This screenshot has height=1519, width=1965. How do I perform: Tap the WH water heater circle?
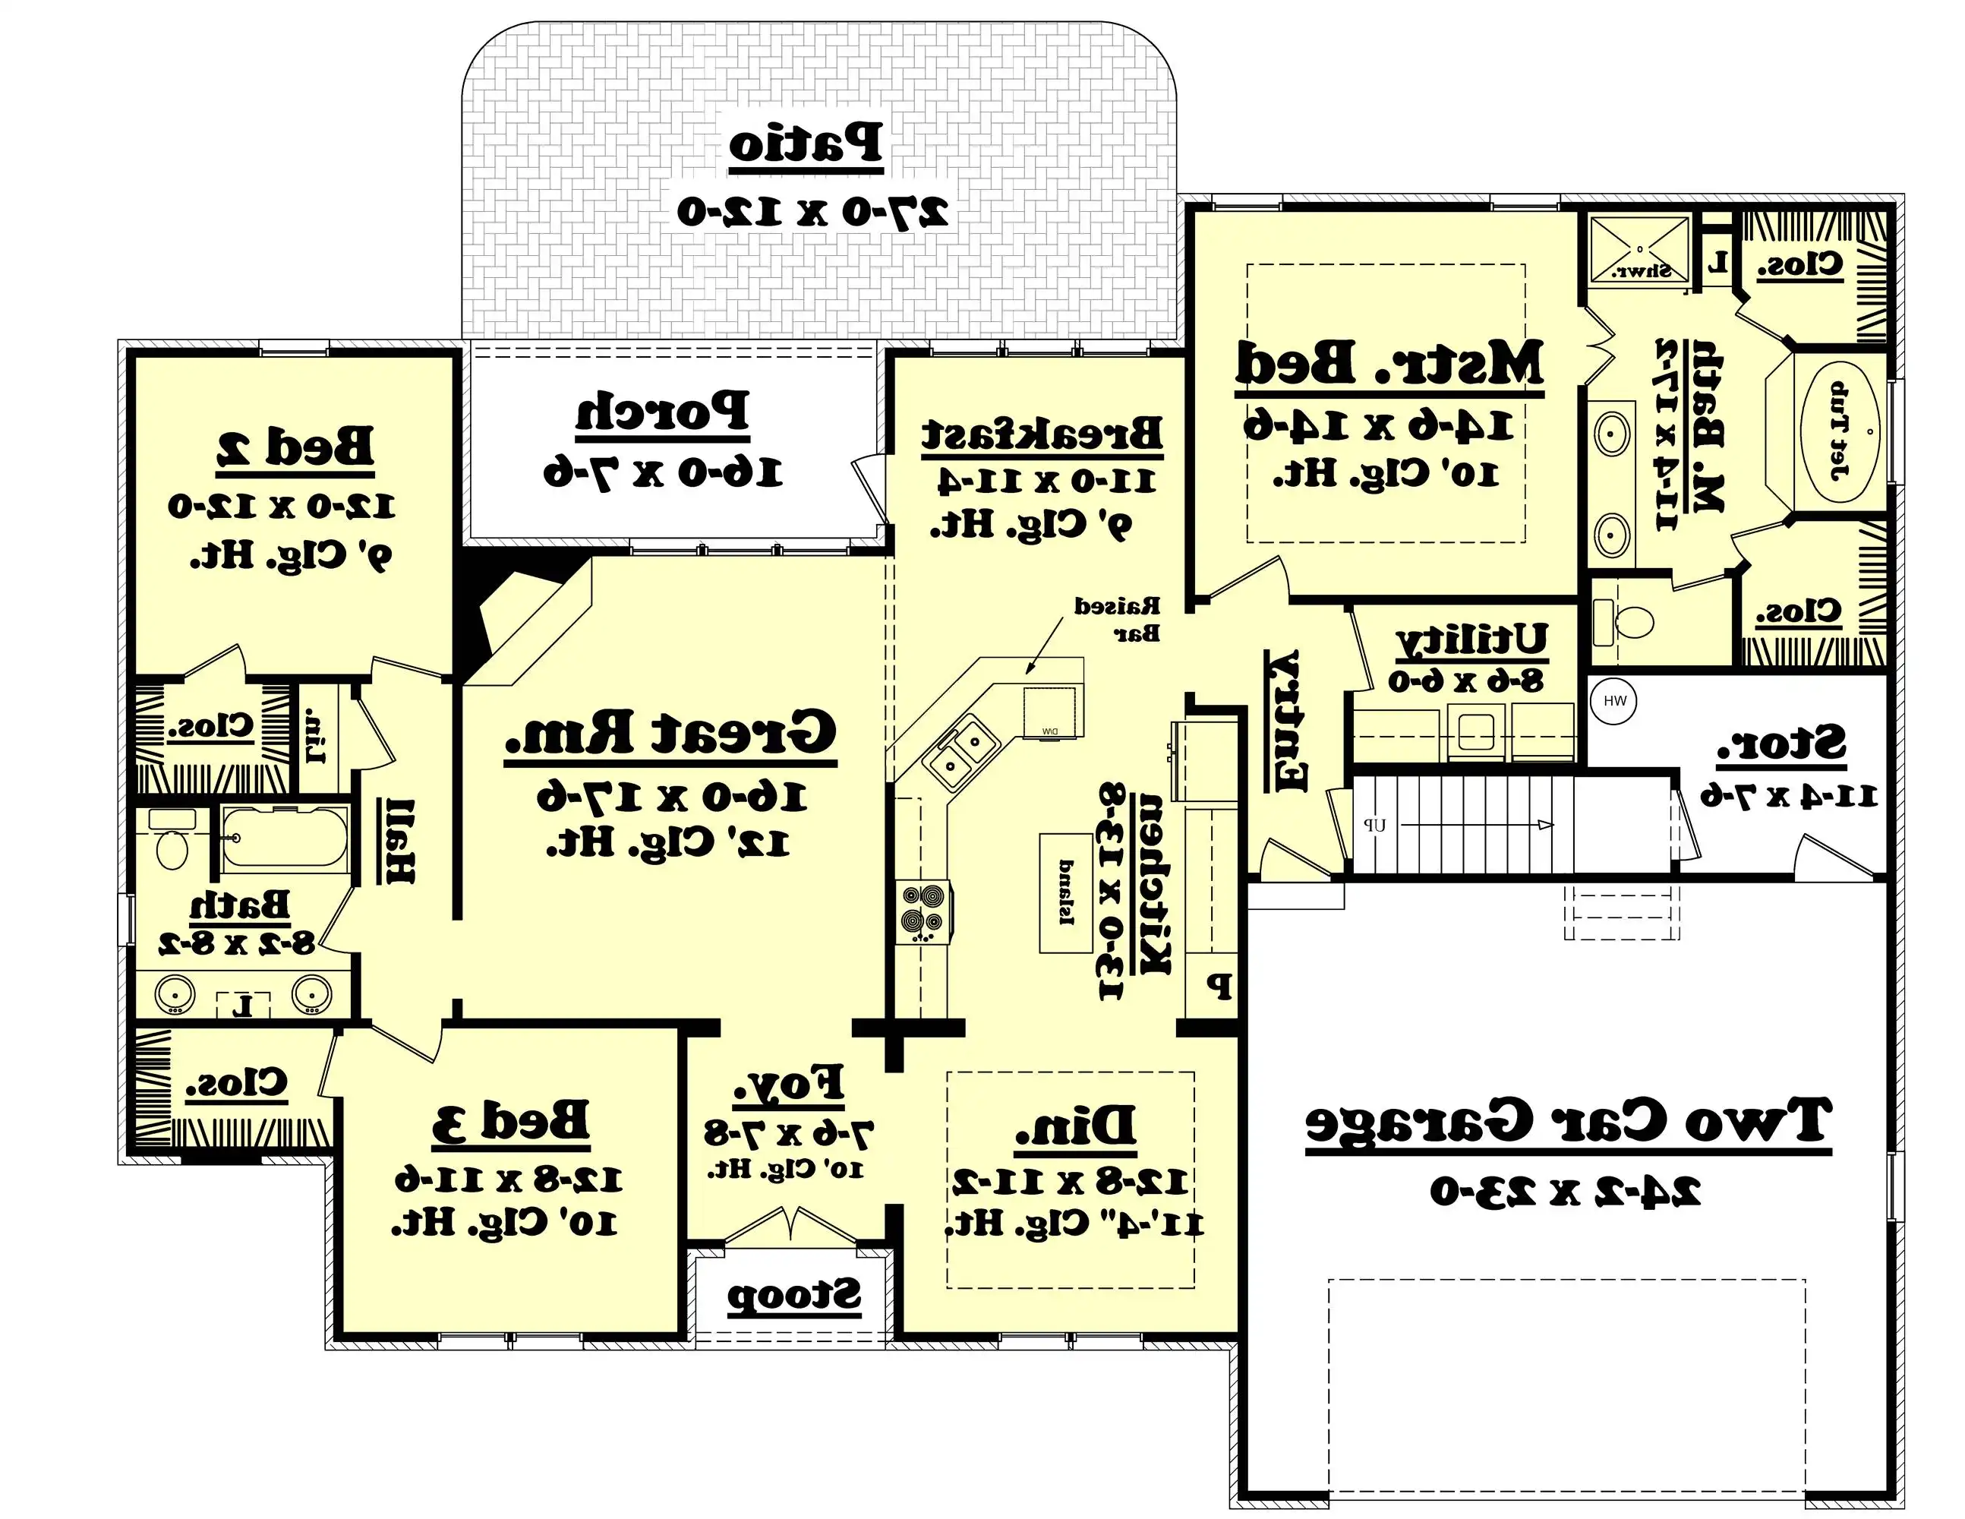point(1614,701)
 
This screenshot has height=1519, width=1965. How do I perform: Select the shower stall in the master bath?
point(1639,248)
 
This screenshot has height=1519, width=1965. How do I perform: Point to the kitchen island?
point(1066,892)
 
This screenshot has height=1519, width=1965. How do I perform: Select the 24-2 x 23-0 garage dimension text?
point(1566,1192)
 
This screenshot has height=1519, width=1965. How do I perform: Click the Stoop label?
point(793,1296)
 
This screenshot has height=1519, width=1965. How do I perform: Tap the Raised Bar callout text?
point(1118,619)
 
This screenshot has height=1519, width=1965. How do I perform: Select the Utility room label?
point(1472,639)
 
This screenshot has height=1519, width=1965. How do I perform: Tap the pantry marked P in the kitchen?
point(1218,987)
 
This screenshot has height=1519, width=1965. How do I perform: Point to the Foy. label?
point(788,1085)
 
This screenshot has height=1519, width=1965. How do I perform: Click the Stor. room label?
point(1780,745)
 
